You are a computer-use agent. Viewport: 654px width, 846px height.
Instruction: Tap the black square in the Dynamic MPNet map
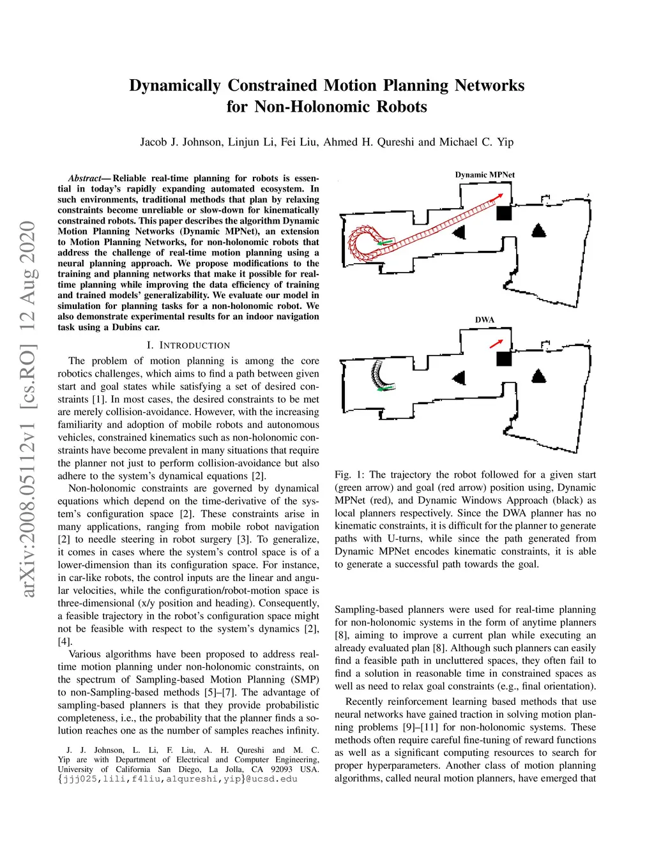504,213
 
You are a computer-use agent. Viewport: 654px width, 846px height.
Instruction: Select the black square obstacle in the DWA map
504,358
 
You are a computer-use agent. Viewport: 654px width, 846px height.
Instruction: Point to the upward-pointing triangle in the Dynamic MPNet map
539,230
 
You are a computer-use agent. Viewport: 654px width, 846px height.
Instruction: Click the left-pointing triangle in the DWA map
459,378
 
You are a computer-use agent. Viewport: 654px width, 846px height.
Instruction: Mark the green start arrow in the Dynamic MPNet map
384,243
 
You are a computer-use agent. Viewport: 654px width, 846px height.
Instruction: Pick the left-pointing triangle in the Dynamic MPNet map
459,232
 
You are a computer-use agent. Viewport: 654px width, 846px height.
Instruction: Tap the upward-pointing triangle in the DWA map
539,375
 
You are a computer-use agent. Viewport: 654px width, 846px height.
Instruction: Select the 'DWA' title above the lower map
485,320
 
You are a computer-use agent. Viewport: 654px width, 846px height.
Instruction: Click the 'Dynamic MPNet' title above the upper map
485,175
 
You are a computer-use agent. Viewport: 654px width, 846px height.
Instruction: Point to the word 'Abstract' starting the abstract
85,179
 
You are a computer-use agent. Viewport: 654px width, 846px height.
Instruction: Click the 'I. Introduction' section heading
188,345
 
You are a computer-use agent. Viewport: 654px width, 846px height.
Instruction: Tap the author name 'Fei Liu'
299,142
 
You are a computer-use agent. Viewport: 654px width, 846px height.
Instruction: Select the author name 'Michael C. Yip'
476,142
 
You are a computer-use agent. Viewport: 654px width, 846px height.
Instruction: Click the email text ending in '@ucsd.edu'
178,779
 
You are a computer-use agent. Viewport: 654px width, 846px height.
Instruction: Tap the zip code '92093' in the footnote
282,769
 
